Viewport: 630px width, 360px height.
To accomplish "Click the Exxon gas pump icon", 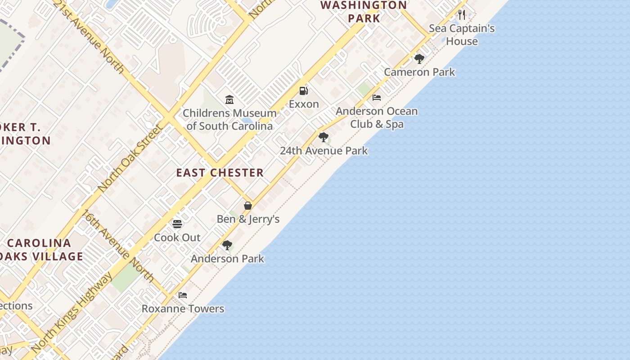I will [304, 91].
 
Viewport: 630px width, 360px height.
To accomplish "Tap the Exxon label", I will [304, 104].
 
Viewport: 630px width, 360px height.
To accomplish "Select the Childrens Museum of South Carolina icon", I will [229, 99].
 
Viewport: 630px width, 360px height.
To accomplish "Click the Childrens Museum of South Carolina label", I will [229, 119].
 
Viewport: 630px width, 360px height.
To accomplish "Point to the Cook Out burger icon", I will [177, 224].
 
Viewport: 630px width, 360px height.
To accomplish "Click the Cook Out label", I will [177, 238].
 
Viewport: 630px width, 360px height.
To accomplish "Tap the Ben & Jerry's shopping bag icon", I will [248, 206].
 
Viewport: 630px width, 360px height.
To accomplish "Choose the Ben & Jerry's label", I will [248, 219].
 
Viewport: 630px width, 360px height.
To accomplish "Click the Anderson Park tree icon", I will [227, 245].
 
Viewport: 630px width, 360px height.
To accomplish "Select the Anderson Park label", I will [227, 259].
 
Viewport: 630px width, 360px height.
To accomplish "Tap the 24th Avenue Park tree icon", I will [323, 137].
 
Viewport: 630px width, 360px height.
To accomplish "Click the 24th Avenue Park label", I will [324, 151].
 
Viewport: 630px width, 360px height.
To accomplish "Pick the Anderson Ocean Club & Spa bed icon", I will [377, 97].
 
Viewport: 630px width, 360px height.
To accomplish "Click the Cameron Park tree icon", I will [419, 58].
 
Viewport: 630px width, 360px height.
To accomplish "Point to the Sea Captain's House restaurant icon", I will [462, 15].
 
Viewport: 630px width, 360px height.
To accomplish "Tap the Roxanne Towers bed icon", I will [183, 295].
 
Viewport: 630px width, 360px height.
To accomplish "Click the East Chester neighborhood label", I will [220, 173].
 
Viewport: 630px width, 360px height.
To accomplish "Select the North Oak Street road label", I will [130, 157].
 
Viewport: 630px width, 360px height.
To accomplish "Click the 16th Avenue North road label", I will [118, 246].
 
